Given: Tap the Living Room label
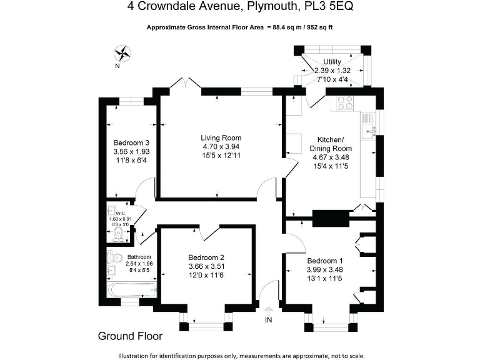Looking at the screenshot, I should coord(221,138).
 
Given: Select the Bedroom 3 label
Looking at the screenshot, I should coord(131,142).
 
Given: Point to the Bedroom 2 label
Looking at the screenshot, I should coord(206,257).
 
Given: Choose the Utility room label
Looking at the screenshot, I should coord(332,62).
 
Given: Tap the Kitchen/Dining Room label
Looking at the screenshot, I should coord(331,144).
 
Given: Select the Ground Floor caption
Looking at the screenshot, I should coord(130,336).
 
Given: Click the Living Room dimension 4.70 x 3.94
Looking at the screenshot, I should coord(221,147).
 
